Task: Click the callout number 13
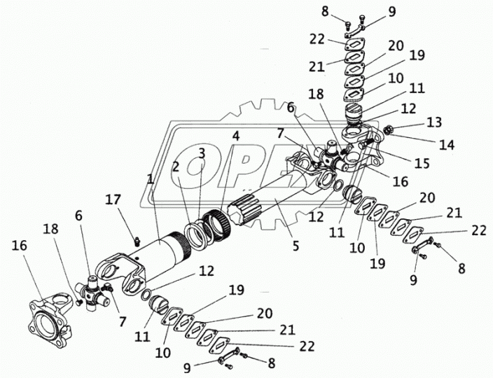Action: click(x=435, y=123)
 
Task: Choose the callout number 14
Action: click(x=447, y=145)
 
